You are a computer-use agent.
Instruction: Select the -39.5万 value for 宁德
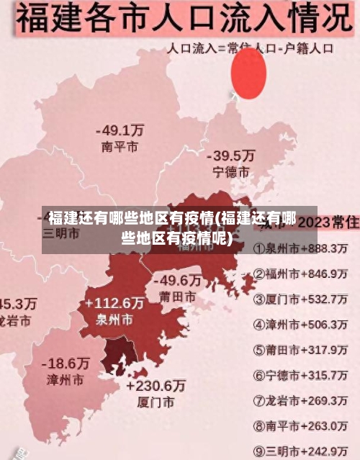tap(230, 155)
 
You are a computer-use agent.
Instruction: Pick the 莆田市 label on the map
tap(177, 296)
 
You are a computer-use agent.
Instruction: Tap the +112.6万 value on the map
tap(114, 302)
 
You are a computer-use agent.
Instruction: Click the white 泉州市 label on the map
tap(114, 319)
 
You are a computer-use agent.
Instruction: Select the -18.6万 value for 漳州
tap(66, 363)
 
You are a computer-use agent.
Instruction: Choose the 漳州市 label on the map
tap(66, 379)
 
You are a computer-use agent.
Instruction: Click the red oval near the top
tap(248, 74)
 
